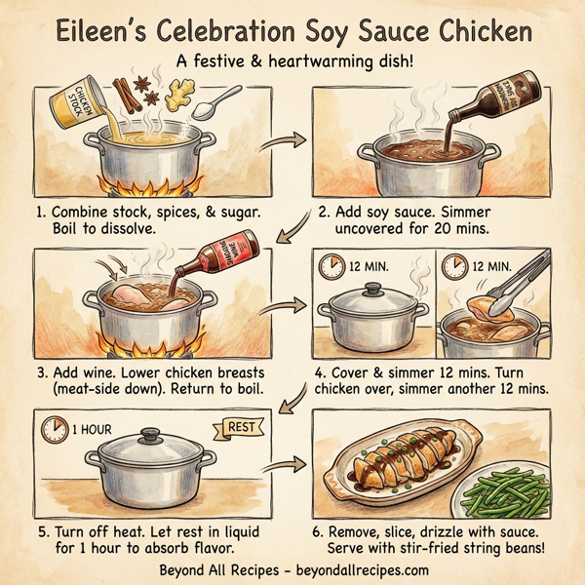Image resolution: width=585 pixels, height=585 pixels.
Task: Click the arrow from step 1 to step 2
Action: point(283,142)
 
